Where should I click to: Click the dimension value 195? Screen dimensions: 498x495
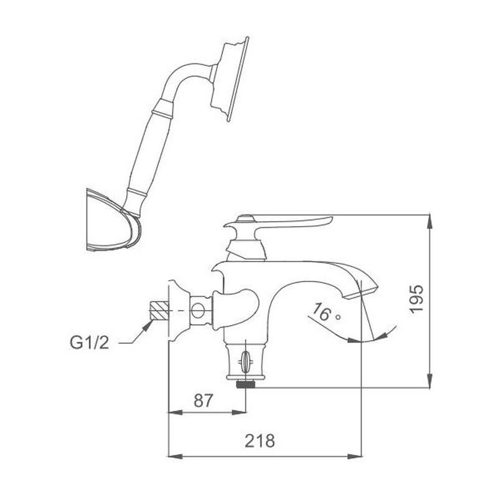[416, 299]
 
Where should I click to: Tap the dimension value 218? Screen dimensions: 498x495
[260, 441]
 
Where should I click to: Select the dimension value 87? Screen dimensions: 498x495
[203, 400]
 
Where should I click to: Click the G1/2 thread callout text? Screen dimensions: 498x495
[89, 342]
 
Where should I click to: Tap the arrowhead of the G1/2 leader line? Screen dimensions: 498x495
[147, 326]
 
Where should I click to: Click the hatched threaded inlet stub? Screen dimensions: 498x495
[159, 310]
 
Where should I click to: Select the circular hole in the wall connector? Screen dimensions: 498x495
[198, 311]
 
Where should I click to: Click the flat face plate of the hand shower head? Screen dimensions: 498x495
[238, 79]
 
